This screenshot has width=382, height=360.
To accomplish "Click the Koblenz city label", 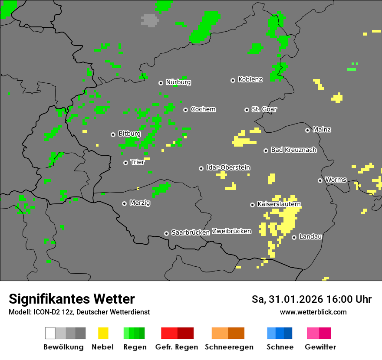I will [250, 79].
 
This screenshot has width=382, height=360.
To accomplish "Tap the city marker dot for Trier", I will [125, 163].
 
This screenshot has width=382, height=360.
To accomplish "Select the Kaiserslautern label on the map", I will [279, 204].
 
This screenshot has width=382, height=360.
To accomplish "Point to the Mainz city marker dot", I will [307, 130].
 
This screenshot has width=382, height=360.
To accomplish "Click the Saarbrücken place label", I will [191, 232].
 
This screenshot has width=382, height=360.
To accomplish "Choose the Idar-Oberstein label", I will [228, 167].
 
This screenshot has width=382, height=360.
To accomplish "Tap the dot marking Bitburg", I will [113, 134].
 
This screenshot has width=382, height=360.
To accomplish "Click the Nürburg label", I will [178, 82].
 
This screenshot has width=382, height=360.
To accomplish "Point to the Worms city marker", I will [320, 180].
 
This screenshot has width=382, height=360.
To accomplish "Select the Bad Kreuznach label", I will [293, 150].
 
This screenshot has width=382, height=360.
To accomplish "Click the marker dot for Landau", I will [294, 237].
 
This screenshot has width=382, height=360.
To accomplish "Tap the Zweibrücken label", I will [231, 231].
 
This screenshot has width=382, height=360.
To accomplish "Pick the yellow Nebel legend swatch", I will [103, 333].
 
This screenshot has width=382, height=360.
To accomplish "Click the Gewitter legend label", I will [320, 347].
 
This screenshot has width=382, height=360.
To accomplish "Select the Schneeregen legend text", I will [228, 347].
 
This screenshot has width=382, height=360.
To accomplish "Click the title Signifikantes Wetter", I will [72, 299].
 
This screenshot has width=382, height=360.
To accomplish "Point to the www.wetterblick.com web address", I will [313, 312].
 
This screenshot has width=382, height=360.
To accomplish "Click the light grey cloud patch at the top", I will [150, 20].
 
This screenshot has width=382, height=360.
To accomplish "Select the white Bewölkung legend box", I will [50, 333].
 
